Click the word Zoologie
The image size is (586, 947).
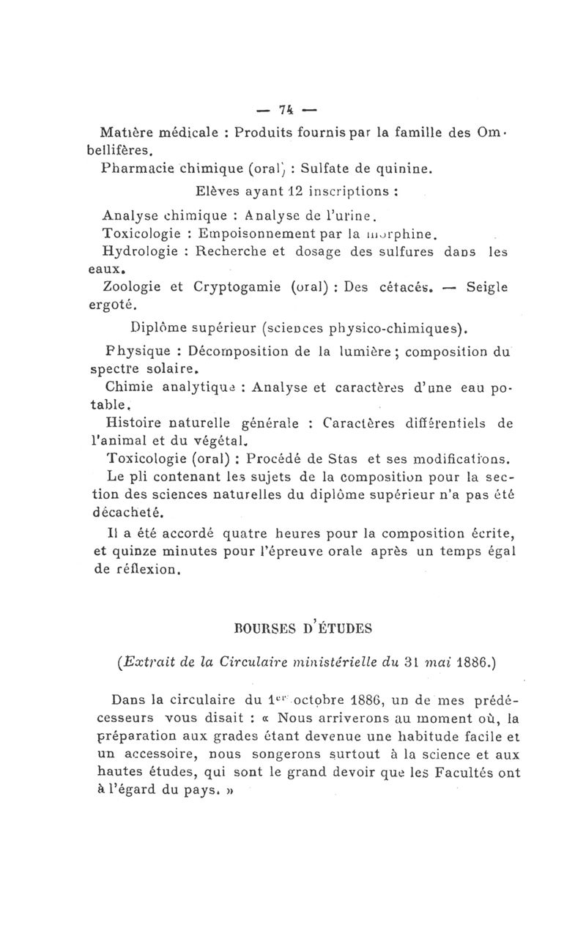tap(133, 286)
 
